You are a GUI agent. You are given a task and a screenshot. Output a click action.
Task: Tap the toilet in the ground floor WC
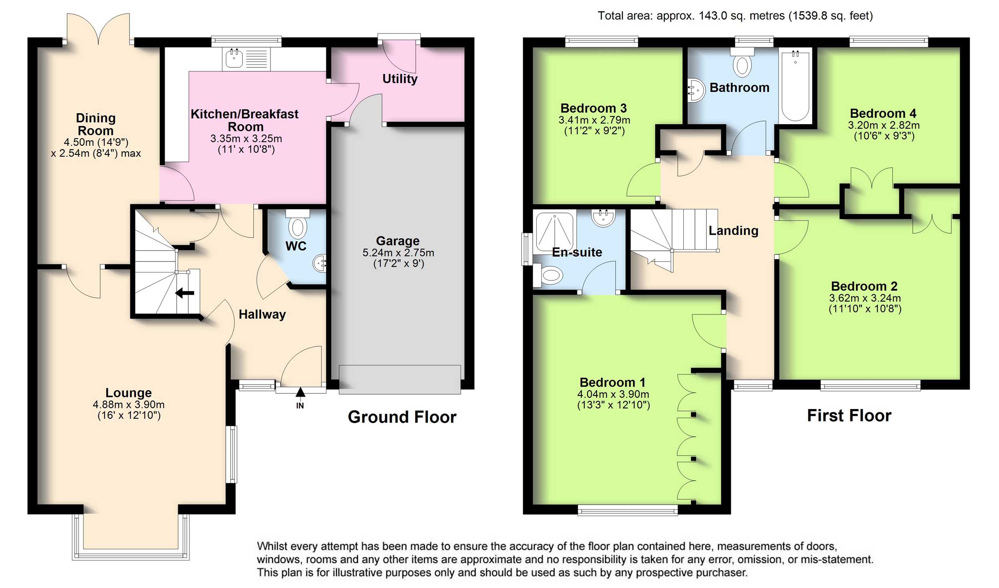pyautogui.click(x=297, y=224)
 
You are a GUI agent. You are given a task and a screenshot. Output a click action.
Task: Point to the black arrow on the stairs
pyautogui.click(x=185, y=293)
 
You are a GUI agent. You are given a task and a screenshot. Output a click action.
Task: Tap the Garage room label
pyautogui.click(x=398, y=241)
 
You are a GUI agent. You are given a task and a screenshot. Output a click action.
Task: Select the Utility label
pyautogui.click(x=400, y=79)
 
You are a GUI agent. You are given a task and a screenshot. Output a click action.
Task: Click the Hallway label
pyautogui.click(x=262, y=314)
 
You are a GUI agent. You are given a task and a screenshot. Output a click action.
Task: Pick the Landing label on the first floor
pyautogui.click(x=733, y=230)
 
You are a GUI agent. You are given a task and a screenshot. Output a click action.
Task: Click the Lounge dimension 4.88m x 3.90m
pyautogui.click(x=129, y=405)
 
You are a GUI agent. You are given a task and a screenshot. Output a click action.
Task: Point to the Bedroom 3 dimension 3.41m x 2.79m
pyautogui.click(x=594, y=120)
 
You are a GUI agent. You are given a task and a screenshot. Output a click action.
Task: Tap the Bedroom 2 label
pyautogui.click(x=864, y=286)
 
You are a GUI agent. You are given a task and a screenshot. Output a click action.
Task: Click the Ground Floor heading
pyautogui.click(x=402, y=417)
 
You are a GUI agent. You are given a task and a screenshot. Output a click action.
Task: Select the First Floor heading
pyautogui.click(x=849, y=415)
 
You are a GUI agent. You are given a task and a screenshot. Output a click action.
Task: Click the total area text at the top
pyautogui.click(x=735, y=16)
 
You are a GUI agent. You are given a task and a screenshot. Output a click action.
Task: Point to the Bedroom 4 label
pyautogui.click(x=883, y=113)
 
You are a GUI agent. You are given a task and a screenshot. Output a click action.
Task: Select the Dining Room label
pyautogui.click(x=96, y=124)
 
